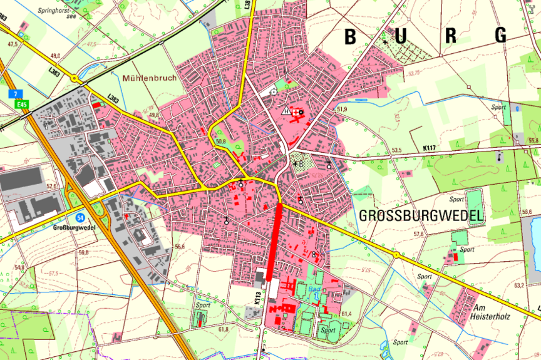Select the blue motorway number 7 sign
14,94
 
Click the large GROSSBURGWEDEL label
421,217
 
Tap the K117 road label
429,148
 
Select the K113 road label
257,298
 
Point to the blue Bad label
314,289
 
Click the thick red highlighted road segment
274,241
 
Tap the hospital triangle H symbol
286,111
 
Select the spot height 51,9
341,110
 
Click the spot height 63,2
518,285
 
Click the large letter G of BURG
500,36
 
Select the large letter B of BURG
351,36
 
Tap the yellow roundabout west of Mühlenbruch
76,78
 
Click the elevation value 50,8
220,141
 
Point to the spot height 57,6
418,234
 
